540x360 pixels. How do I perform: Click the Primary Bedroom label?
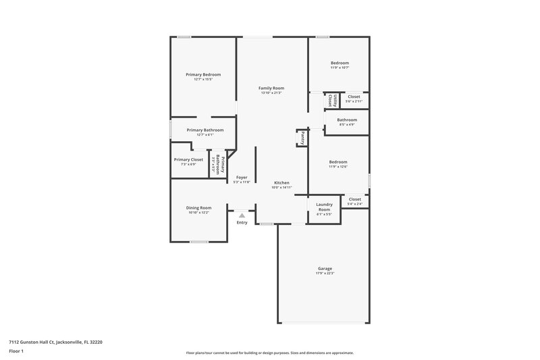[x=203, y=74]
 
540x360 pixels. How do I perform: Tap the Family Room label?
[x=271, y=88]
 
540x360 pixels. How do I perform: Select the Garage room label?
[x=325, y=268]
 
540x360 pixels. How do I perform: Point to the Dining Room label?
[x=199, y=207]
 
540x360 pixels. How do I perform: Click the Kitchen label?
[x=281, y=183]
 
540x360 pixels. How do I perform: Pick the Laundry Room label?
[x=325, y=207]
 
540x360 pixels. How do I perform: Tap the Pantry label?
[x=303, y=137]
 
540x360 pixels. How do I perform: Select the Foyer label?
[x=241, y=177]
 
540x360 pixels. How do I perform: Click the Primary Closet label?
[x=188, y=159]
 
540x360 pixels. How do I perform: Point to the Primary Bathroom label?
[x=205, y=130]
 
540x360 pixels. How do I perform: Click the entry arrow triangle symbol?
[x=242, y=215]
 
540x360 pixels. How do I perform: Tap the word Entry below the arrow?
[x=242, y=222]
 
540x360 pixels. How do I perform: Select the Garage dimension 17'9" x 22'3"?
[x=325, y=273]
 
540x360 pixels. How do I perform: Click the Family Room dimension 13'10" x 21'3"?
[x=271, y=93]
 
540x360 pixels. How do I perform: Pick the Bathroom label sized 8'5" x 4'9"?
[x=347, y=120]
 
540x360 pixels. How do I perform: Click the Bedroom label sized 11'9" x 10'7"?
[x=340, y=63]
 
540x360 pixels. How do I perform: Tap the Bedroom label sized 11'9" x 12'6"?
[x=338, y=161]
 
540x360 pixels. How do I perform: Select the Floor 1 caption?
[x=16, y=352]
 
